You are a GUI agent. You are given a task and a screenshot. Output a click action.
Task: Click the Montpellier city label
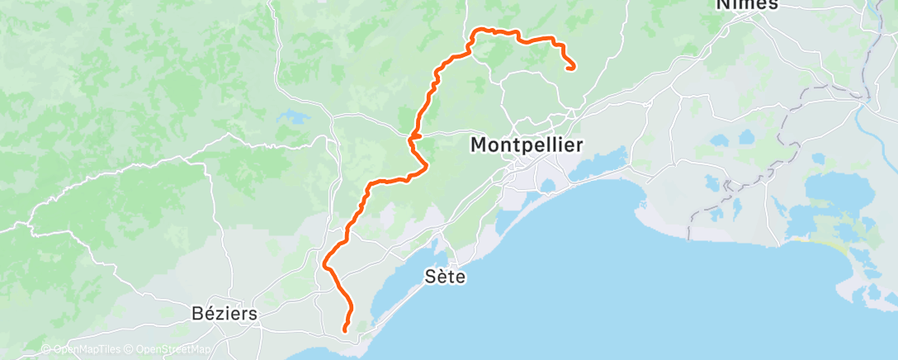click(527, 145)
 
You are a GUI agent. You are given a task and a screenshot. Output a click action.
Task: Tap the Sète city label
click(446, 277)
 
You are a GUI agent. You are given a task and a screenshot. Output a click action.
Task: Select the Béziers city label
click(223, 314)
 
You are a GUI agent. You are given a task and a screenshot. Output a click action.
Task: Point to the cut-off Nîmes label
click(746, 5)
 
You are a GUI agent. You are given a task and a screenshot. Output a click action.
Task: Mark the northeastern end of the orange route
click(573, 69)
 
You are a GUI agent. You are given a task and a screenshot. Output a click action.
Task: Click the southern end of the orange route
click(344, 331)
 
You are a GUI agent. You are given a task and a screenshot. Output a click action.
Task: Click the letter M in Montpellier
click(480, 145)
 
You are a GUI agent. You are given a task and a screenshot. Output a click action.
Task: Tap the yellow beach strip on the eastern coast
click(825, 244)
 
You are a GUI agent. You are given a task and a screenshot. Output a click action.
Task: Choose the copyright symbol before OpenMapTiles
click(45, 349)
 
